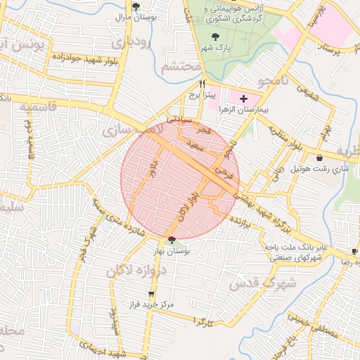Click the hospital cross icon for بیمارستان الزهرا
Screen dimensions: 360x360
coord(243,99)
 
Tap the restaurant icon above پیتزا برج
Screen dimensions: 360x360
coord(202,83)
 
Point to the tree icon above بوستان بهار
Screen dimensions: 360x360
coord(172,240)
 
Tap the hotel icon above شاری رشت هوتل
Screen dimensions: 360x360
coord(321,157)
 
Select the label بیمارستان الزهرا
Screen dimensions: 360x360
coord(243,111)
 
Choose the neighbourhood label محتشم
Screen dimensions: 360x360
coord(182,67)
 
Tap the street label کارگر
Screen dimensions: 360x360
coord(205,322)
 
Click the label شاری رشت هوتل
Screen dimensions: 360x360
coord(330,169)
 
